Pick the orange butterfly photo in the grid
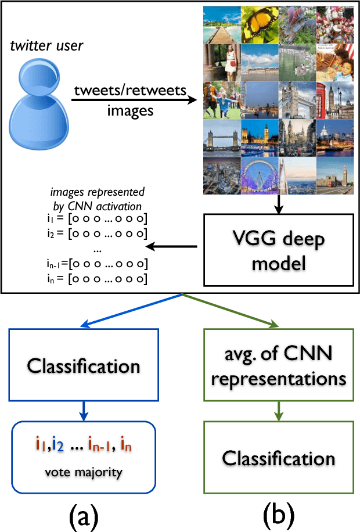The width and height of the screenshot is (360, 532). (260, 24)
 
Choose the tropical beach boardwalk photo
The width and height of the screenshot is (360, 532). (222, 24)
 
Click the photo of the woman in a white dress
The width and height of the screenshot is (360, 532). (222, 62)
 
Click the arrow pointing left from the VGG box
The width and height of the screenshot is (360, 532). (172, 247)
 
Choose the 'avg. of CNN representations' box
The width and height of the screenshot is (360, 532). (278, 366)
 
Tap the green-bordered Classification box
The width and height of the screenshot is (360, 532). (278, 458)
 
